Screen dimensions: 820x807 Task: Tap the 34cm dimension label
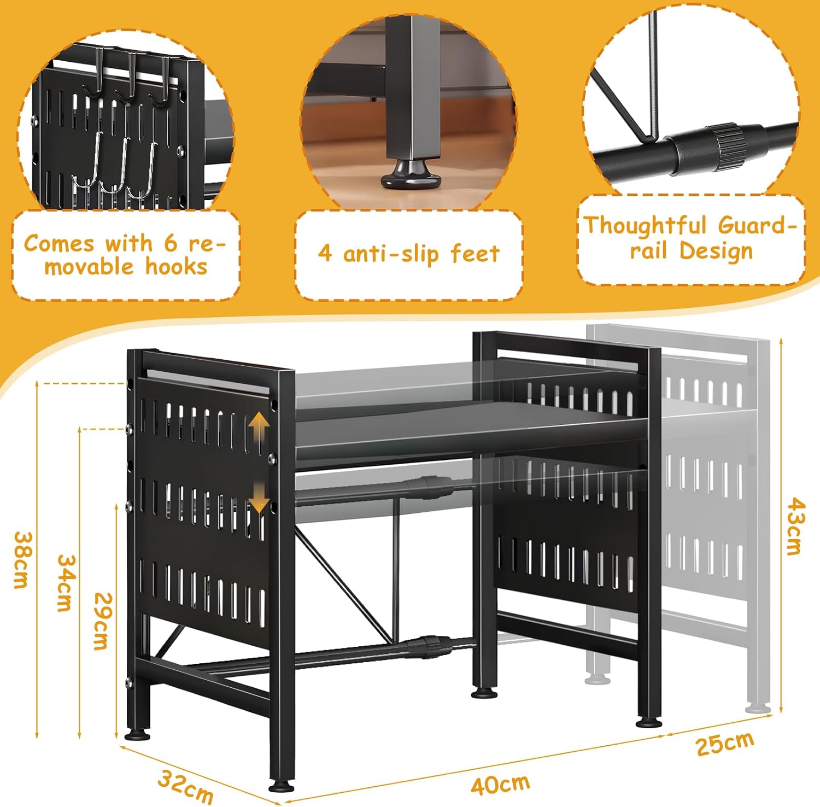pos(65,583)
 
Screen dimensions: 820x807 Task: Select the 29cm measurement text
pos(101,621)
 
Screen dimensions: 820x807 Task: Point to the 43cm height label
pos(793,526)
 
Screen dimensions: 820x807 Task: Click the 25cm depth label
pos(725,744)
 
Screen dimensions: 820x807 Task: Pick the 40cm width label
pos(500,785)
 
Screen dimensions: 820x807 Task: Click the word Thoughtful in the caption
pos(646,226)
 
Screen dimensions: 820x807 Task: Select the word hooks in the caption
pos(176,267)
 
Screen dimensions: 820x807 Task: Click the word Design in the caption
pos(716,252)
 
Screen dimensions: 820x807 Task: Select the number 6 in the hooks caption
pos(171,243)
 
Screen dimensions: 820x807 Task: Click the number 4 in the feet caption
pos(325,254)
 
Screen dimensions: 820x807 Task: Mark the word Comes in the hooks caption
pos(60,244)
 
